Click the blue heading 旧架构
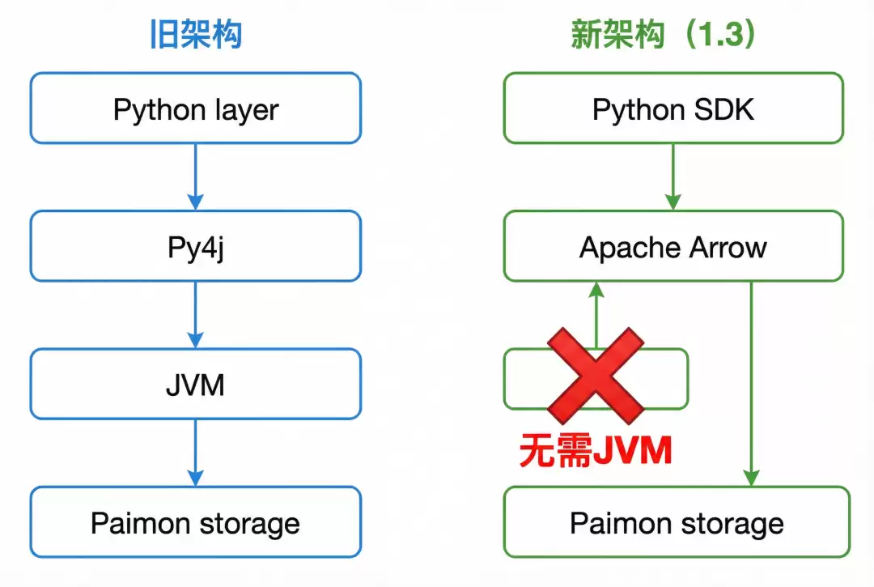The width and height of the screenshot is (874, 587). click(x=196, y=36)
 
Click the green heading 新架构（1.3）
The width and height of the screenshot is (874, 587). click(x=663, y=36)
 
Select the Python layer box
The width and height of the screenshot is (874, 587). click(x=196, y=108)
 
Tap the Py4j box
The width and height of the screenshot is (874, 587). click(x=196, y=246)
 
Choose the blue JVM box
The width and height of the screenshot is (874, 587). click(x=196, y=384)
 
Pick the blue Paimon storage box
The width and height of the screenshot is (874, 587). click(x=196, y=522)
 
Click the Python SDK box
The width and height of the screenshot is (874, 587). click(x=673, y=108)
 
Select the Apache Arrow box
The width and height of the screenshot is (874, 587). click(x=673, y=246)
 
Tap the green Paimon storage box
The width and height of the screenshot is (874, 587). click(x=677, y=522)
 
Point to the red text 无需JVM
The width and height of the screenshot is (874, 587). click(x=596, y=451)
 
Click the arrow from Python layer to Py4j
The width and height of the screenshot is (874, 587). click(x=195, y=177)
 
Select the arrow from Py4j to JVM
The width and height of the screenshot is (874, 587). click(x=195, y=315)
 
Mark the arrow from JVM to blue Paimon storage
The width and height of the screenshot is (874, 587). click(x=195, y=453)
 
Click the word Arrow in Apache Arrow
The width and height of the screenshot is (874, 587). click(x=723, y=247)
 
